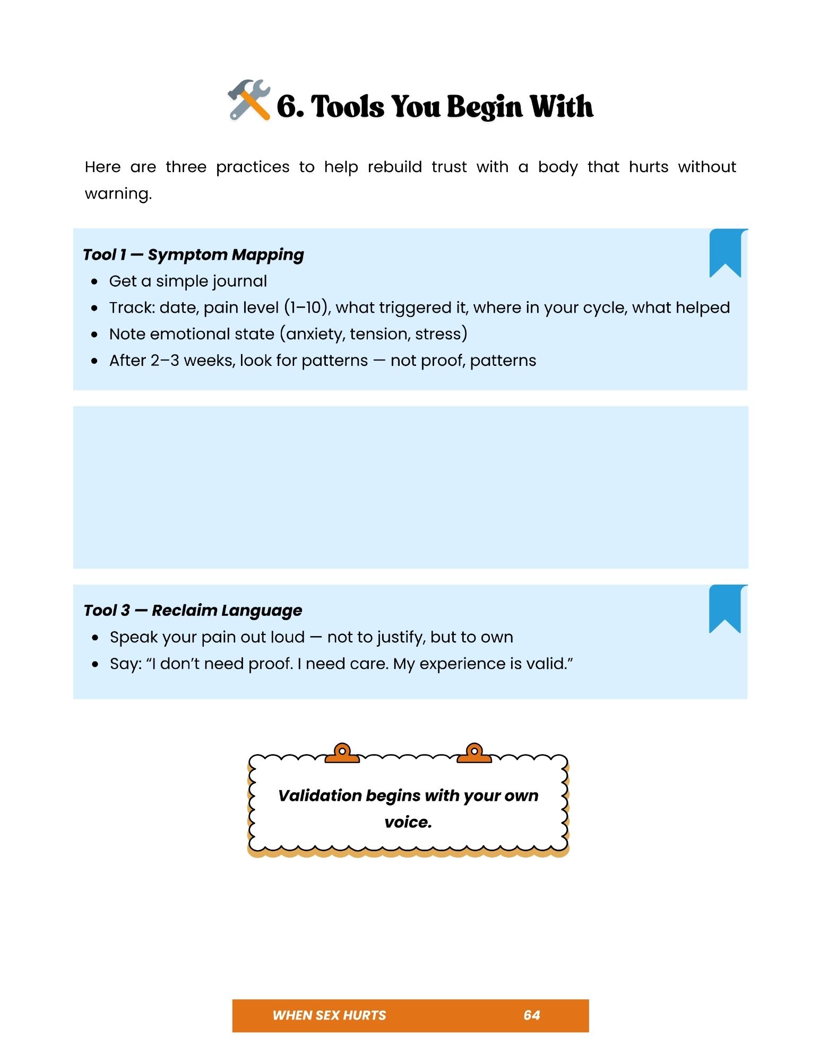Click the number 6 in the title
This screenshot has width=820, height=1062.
(x=287, y=106)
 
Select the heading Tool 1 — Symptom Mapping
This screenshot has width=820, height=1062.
(x=193, y=255)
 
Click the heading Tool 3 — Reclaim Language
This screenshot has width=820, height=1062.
(x=193, y=611)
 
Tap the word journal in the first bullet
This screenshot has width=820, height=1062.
(x=238, y=281)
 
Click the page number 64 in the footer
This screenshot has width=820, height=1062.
(x=531, y=1015)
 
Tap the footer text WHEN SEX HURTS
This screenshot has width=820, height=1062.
(x=329, y=1015)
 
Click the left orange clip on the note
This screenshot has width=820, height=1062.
(x=342, y=753)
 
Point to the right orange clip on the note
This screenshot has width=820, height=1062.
(x=474, y=753)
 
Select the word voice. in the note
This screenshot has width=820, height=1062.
(x=408, y=822)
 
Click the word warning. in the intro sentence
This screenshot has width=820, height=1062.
(x=118, y=194)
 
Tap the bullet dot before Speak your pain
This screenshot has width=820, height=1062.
(x=95, y=638)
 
